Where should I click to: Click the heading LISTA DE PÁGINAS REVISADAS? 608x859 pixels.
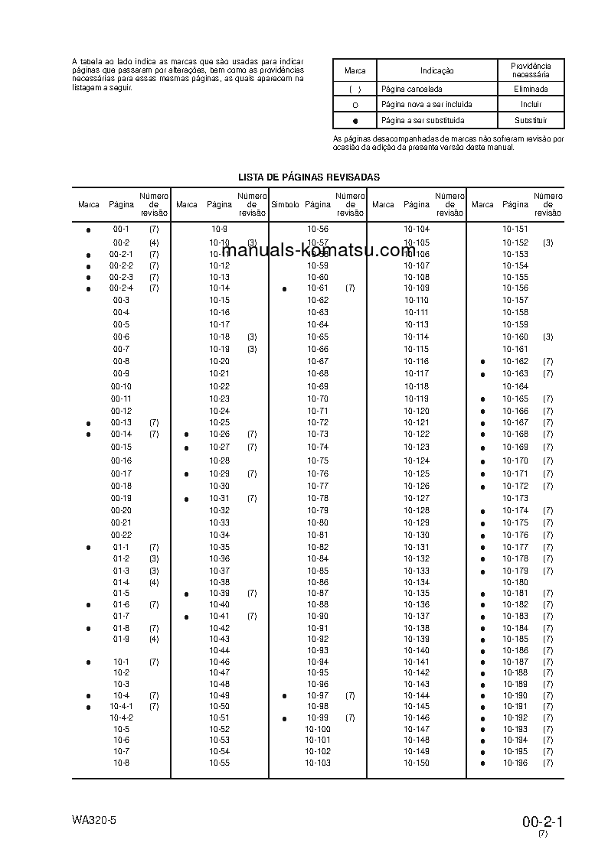pos(309,177)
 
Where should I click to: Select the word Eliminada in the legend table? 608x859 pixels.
pos(531,89)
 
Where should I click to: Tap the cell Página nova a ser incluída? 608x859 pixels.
pos(426,104)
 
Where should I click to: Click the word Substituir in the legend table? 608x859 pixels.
pos(531,120)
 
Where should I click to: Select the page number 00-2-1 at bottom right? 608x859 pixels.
pos(543,822)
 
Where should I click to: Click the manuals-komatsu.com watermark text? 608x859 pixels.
pos(322,251)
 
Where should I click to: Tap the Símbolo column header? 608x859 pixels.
pos(285,204)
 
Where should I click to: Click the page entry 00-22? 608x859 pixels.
pos(121,535)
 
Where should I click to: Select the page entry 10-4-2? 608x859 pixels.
pos(121,717)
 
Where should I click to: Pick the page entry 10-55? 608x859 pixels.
pos(219,763)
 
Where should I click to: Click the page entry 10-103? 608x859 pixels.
pos(317,763)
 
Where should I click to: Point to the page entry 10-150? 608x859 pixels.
pos(417,763)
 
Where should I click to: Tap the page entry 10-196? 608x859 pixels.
pos(515,763)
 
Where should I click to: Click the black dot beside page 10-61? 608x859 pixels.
pos(284,289)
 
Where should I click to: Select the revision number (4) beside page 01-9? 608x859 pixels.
pos(154,639)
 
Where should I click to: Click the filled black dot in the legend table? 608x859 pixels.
pos(355,121)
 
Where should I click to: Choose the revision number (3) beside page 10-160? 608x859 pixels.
pos(548,337)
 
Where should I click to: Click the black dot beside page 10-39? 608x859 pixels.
pos(186,594)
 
